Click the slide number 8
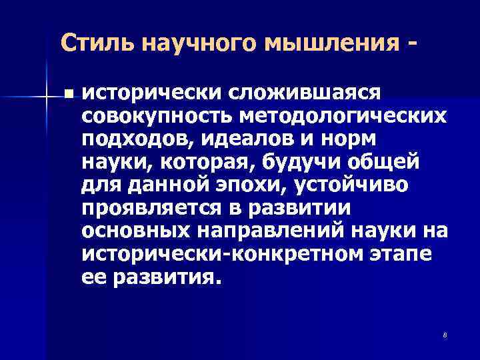coord(443,334)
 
